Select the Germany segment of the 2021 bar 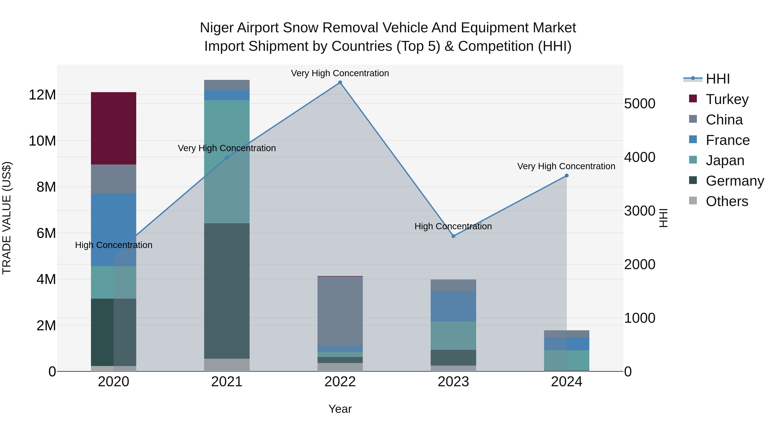coord(227,291)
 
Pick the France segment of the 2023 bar coord(453,306)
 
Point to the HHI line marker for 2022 coord(340,82)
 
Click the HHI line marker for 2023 coord(453,236)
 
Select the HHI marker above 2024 coord(567,175)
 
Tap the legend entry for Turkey coord(727,99)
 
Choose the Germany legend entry coord(734,181)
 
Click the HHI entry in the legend coord(718,79)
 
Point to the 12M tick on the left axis coord(42,95)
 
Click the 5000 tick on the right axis coord(640,104)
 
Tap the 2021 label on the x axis coord(227,382)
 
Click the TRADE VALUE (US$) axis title coord(7,218)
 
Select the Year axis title coord(340,409)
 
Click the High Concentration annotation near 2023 coord(453,226)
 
